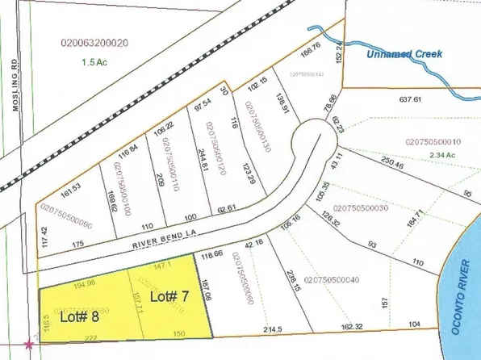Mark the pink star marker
30,345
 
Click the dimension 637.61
411,100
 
